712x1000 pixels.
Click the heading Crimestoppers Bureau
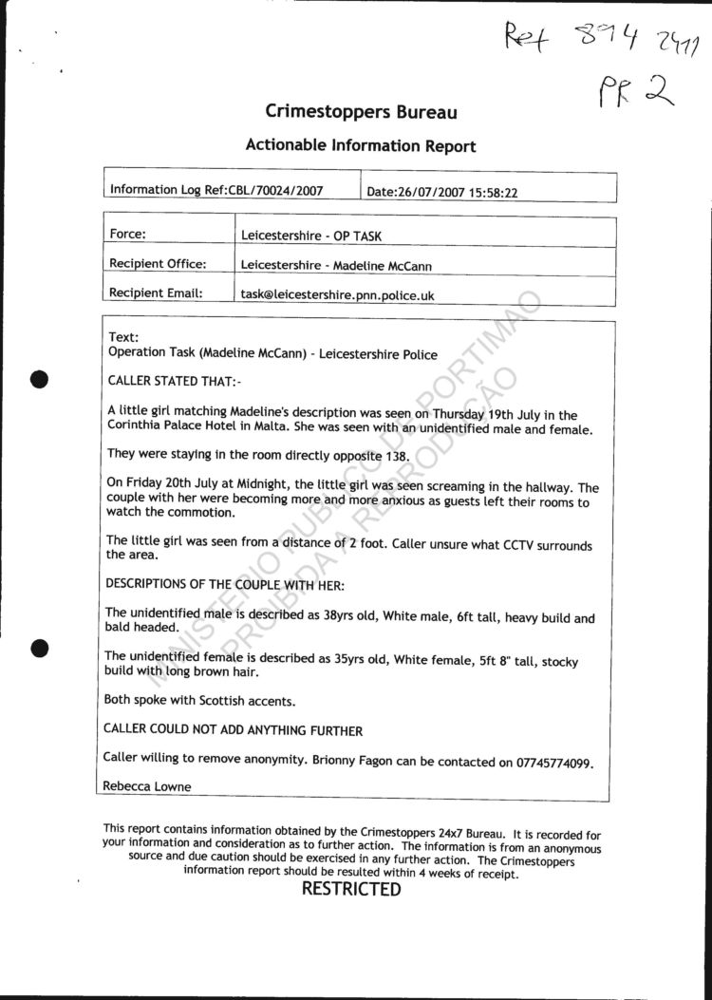click(361, 112)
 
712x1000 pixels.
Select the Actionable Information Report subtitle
click(361, 145)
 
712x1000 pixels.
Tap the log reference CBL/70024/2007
click(276, 190)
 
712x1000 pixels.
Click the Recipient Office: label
click(158, 264)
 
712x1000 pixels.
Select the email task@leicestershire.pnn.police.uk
click(337, 295)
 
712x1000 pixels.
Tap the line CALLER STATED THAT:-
click(174, 382)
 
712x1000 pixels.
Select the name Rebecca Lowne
click(147, 786)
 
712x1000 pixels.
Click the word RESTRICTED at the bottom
click(351, 890)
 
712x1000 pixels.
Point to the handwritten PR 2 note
click(635, 93)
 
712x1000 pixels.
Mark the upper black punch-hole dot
click(39, 378)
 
